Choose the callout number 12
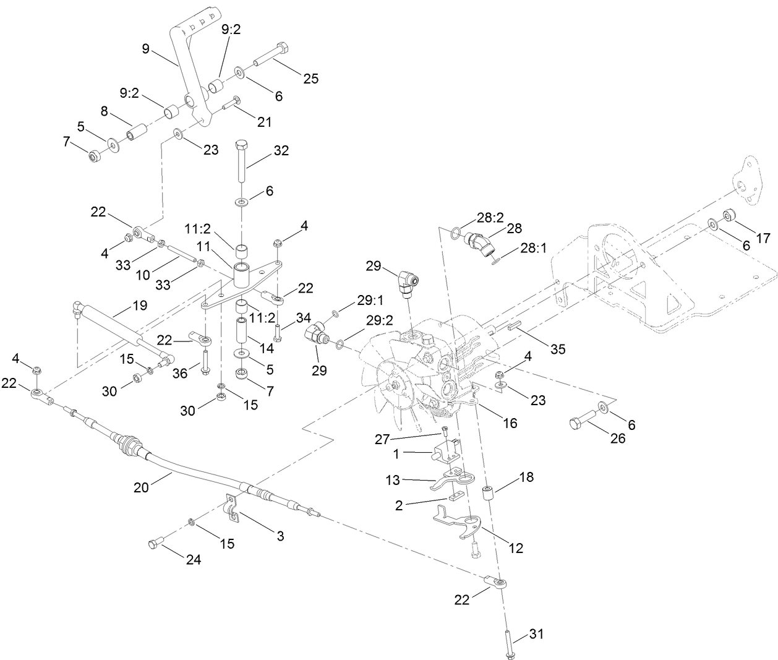515,547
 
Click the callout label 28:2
490,217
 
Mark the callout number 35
558,349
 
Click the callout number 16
510,423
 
